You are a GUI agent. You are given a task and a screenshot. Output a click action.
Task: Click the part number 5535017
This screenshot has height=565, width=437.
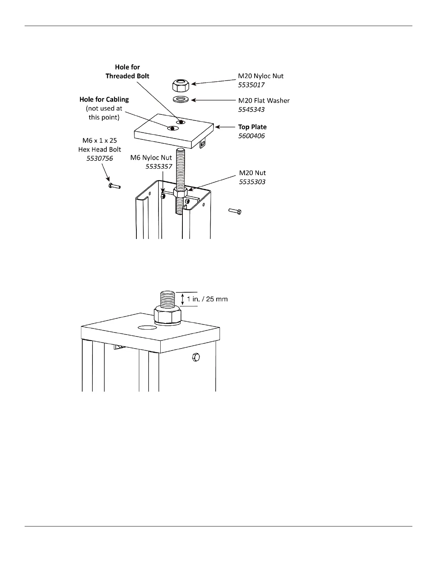[x=251, y=85]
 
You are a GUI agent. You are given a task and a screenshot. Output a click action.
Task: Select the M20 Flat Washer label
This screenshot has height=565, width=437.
[x=264, y=101]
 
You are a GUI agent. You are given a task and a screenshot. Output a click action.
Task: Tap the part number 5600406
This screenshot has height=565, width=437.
[x=251, y=136]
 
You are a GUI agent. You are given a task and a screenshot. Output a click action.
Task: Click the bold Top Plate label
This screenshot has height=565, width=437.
[x=252, y=127]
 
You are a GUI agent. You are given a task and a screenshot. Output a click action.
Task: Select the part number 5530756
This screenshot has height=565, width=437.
[x=100, y=158]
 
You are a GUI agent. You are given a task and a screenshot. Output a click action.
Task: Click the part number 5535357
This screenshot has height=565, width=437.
[x=159, y=167]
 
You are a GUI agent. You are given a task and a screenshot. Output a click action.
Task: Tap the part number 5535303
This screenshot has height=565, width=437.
[x=252, y=182]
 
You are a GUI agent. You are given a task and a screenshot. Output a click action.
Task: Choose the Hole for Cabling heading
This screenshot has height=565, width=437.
[x=104, y=100]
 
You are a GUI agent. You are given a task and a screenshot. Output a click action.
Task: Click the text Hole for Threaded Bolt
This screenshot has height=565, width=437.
[x=127, y=72]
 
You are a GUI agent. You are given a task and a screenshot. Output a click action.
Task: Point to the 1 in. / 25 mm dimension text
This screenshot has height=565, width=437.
[x=207, y=299]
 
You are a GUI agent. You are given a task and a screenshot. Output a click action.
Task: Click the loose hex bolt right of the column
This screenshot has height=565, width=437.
[x=235, y=211]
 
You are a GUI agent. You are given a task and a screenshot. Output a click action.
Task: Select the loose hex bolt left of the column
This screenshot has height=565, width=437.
[x=114, y=186]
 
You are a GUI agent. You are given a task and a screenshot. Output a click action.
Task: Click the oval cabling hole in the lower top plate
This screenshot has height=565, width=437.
[x=147, y=327]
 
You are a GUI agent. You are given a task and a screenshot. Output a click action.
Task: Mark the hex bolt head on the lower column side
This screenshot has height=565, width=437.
[x=196, y=357]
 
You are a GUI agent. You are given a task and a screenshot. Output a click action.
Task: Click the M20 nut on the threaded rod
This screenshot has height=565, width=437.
[x=181, y=193]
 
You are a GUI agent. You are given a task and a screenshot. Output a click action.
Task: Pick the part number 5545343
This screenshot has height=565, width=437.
[x=251, y=110]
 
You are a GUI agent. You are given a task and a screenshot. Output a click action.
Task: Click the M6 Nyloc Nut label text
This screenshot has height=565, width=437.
[x=151, y=158]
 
